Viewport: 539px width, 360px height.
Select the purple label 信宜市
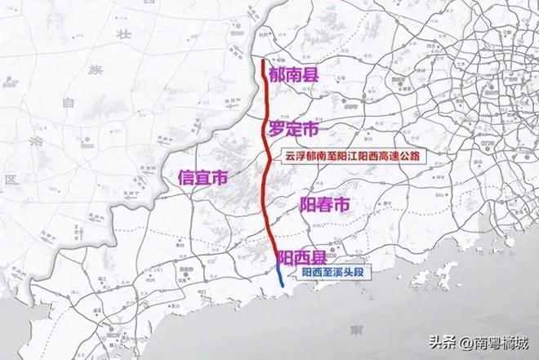(x=203, y=177)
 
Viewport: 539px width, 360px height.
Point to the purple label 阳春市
(x=324, y=203)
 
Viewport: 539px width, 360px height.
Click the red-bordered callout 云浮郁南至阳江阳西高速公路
(x=341, y=155)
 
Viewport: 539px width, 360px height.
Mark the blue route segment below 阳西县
(x=280, y=275)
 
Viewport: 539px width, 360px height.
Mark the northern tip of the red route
(x=261, y=61)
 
